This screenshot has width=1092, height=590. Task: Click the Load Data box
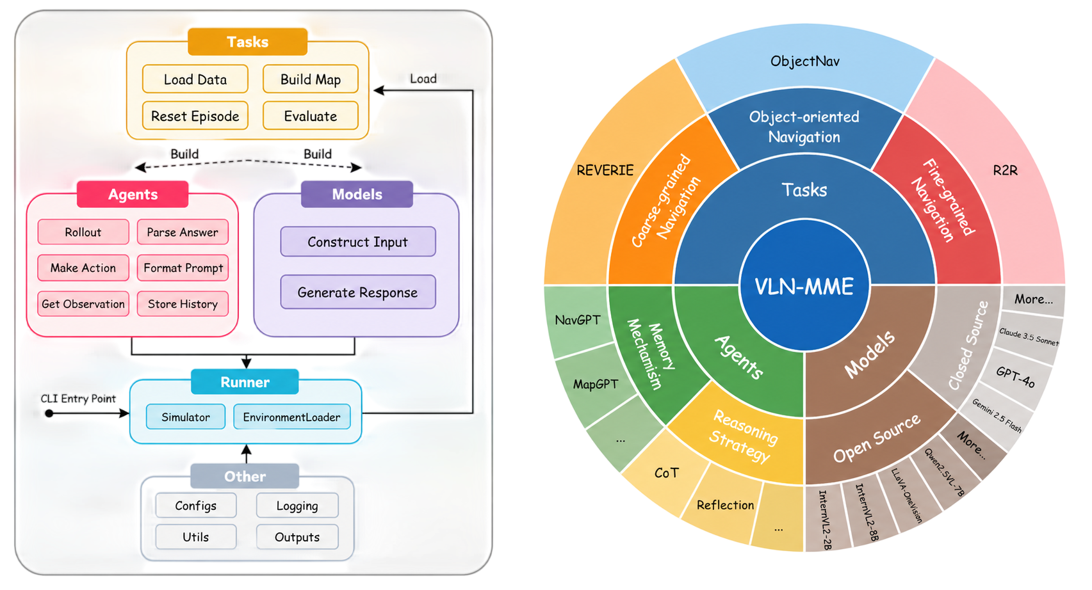pyautogui.click(x=195, y=79)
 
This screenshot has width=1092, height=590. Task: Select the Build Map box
pyautogui.click(x=311, y=79)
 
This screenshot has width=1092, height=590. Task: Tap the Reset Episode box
pyautogui.click(x=195, y=116)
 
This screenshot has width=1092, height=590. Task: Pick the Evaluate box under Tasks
pyautogui.click(x=311, y=116)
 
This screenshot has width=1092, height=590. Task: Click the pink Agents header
pyautogui.click(x=133, y=195)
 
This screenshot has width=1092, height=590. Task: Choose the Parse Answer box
pyautogui.click(x=183, y=232)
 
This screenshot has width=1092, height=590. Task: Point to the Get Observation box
pyautogui.click(x=83, y=304)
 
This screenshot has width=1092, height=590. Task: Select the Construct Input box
pyautogui.click(x=358, y=242)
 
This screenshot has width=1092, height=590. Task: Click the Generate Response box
pyautogui.click(x=358, y=292)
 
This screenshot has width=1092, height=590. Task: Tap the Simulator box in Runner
pyautogui.click(x=186, y=417)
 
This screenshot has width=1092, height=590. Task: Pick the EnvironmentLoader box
pyautogui.click(x=292, y=417)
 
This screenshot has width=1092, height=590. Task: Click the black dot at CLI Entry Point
pyautogui.click(x=49, y=413)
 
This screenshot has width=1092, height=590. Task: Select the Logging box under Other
pyautogui.click(x=297, y=506)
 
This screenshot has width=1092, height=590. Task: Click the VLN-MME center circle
pyautogui.click(x=804, y=285)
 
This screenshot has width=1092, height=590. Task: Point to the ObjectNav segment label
pyautogui.click(x=805, y=61)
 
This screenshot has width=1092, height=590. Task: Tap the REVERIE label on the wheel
pyautogui.click(x=605, y=170)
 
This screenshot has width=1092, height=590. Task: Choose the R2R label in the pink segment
pyautogui.click(x=1006, y=170)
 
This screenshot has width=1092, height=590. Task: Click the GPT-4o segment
pyautogui.click(x=1015, y=377)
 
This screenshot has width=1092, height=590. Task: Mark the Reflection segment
pyautogui.click(x=725, y=505)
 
